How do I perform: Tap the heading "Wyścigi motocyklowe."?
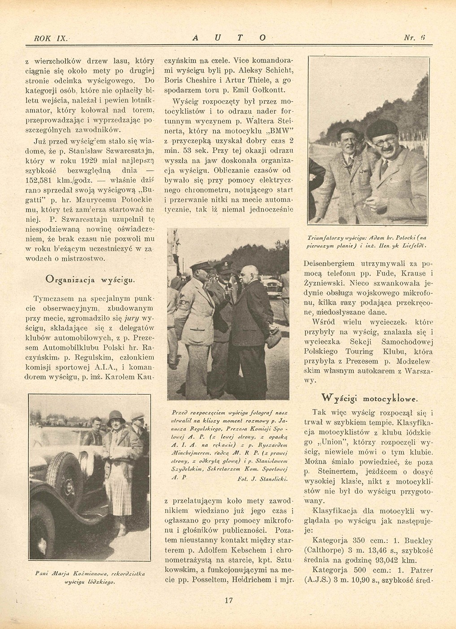click(x=369, y=397)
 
